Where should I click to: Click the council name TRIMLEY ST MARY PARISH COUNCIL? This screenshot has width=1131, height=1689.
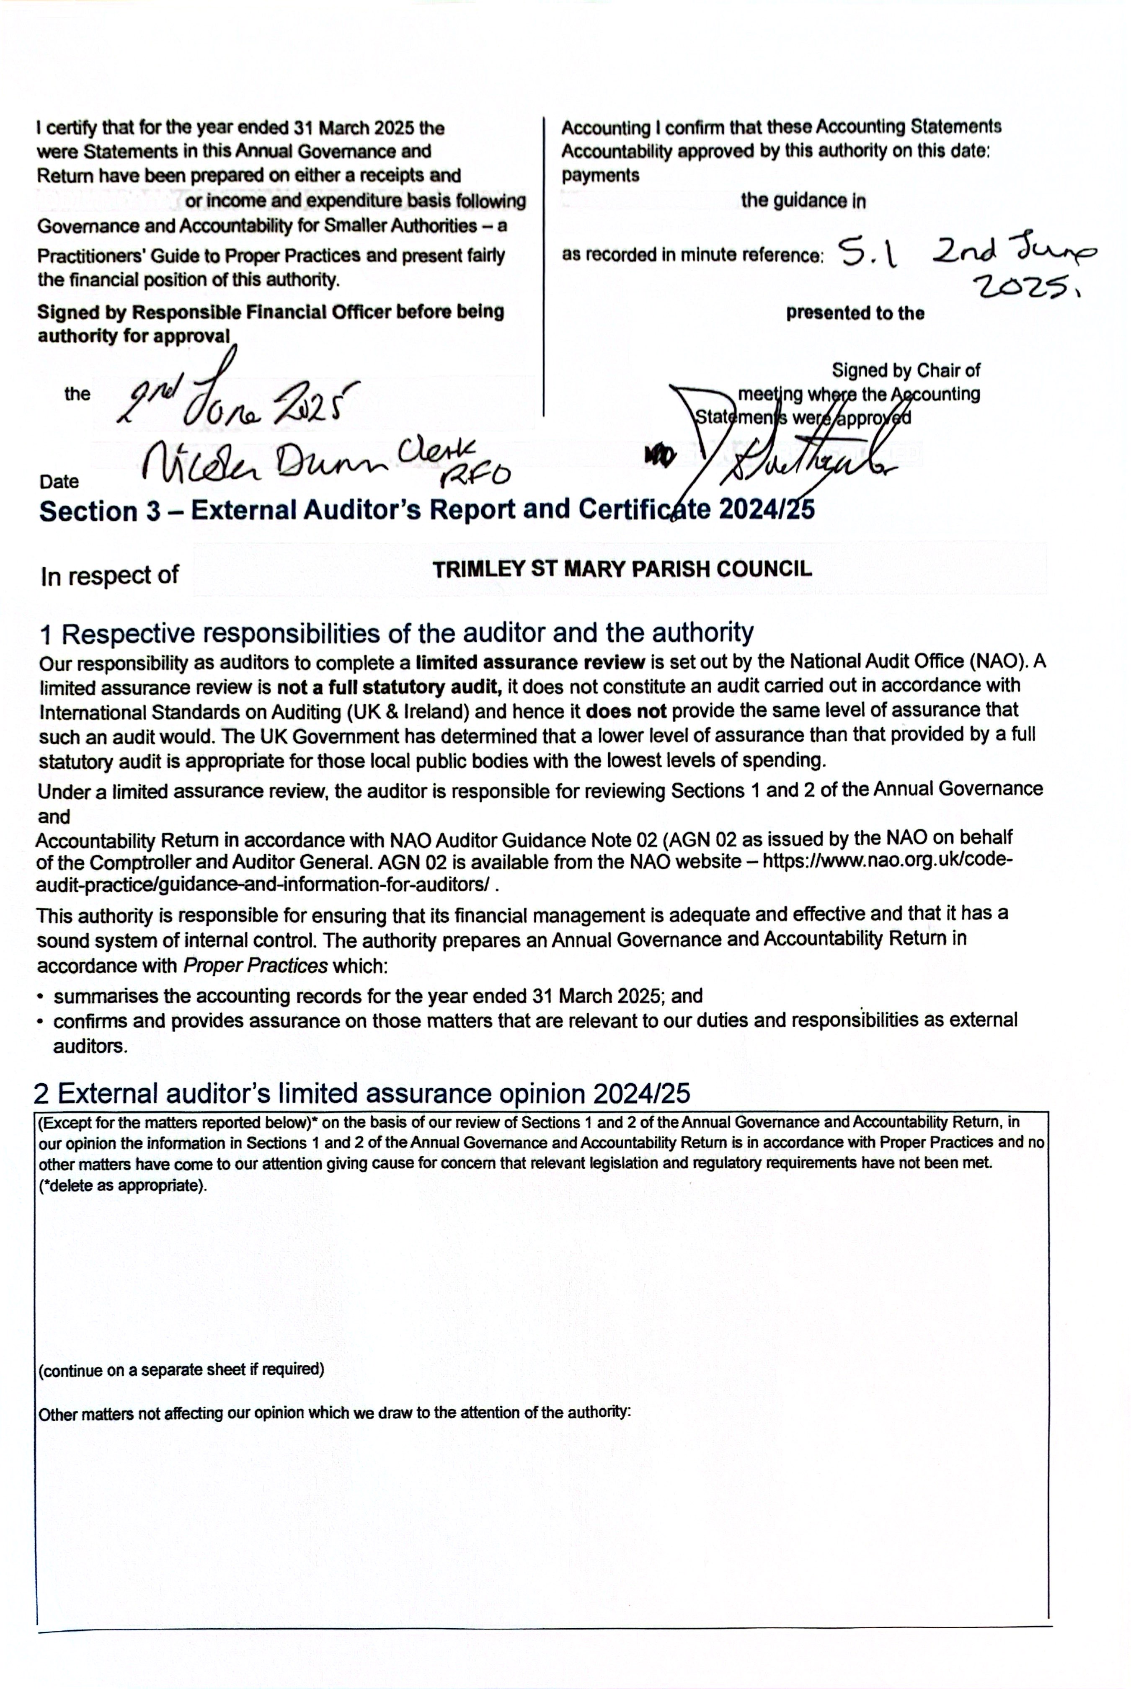click(x=622, y=569)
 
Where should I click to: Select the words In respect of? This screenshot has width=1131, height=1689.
click(x=109, y=576)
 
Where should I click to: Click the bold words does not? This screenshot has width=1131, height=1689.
click(x=625, y=712)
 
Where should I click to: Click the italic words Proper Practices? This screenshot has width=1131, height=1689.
click(x=256, y=966)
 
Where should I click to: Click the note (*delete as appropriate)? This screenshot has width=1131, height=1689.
click(x=123, y=1185)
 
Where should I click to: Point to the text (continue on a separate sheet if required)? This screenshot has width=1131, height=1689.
click(x=181, y=1369)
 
